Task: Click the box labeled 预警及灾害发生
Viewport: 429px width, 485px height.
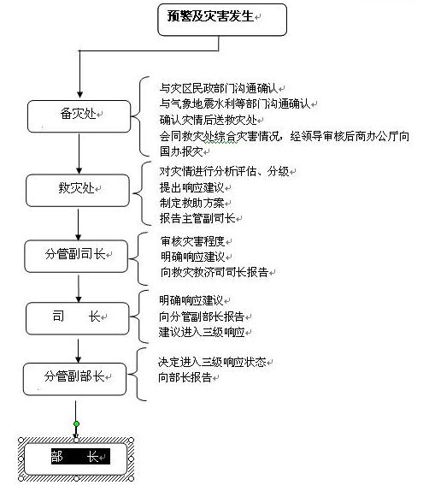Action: pyautogui.click(x=222, y=20)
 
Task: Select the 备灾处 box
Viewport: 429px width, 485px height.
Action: pyautogui.click(x=79, y=116)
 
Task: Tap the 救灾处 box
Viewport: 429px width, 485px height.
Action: pyautogui.click(x=78, y=191)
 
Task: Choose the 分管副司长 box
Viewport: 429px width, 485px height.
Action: pyautogui.click(x=76, y=257)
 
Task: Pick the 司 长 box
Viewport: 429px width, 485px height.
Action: pyautogui.click(x=77, y=318)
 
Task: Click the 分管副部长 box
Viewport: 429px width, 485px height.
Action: pyautogui.click(x=75, y=379)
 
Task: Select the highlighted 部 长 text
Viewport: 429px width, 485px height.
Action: pyautogui.click(x=80, y=456)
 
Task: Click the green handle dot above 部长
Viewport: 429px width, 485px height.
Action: pyautogui.click(x=76, y=423)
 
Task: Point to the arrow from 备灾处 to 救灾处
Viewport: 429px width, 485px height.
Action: pyautogui.click(x=79, y=153)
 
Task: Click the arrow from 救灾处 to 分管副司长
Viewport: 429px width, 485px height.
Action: pyautogui.click(x=79, y=225)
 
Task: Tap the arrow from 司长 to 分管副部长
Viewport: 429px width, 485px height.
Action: pyautogui.click(x=79, y=351)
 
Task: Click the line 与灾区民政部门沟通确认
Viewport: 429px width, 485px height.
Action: pyautogui.click(x=219, y=88)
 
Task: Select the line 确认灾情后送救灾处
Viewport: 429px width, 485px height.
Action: pyautogui.click(x=208, y=120)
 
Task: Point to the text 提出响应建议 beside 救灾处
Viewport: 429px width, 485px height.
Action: pyautogui.click(x=191, y=187)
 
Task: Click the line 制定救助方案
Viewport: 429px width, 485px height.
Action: pyautogui.click(x=191, y=203)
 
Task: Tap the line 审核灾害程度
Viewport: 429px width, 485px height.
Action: pyautogui.click(x=192, y=241)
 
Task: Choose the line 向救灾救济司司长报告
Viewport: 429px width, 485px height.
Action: pyautogui.click(x=214, y=272)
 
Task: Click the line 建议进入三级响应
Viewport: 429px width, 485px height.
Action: pyautogui.click(x=202, y=332)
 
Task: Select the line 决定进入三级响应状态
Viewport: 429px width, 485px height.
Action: pyautogui.click(x=212, y=362)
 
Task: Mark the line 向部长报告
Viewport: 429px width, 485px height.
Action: pyautogui.click(x=185, y=377)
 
